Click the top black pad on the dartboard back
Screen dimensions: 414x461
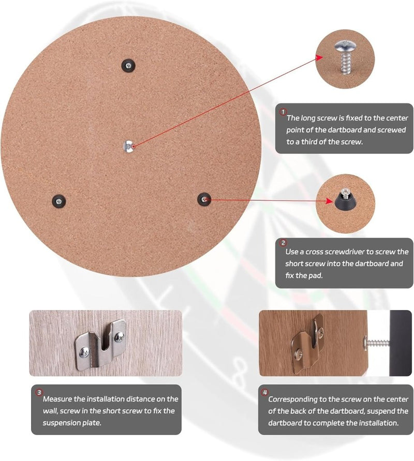click(128, 65)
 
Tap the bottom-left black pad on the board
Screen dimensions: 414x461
click(59, 201)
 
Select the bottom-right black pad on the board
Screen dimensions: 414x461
click(204, 199)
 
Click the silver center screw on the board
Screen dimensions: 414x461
click(128, 146)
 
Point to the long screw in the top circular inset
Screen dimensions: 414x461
click(345, 57)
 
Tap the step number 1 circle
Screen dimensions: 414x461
click(283, 112)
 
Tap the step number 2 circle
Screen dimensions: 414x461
click(283, 243)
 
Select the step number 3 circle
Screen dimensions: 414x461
click(39, 392)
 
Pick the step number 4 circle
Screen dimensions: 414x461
click(265, 392)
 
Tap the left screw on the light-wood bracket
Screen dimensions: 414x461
click(85, 352)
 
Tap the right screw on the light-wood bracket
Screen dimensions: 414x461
click(119, 336)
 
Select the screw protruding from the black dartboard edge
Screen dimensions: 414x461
click(377, 343)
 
